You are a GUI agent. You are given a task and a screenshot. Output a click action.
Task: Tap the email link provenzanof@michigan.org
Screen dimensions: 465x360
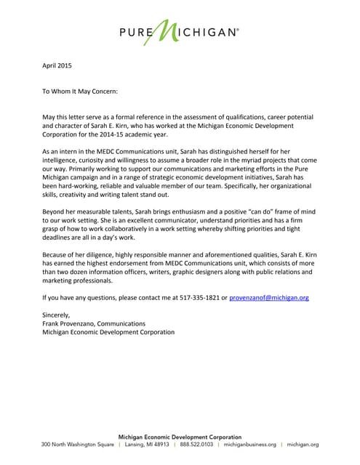pyautogui.click(x=269, y=298)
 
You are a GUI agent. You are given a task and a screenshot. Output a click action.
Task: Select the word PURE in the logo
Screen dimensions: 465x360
pyautogui.click(x=136, y=33)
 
